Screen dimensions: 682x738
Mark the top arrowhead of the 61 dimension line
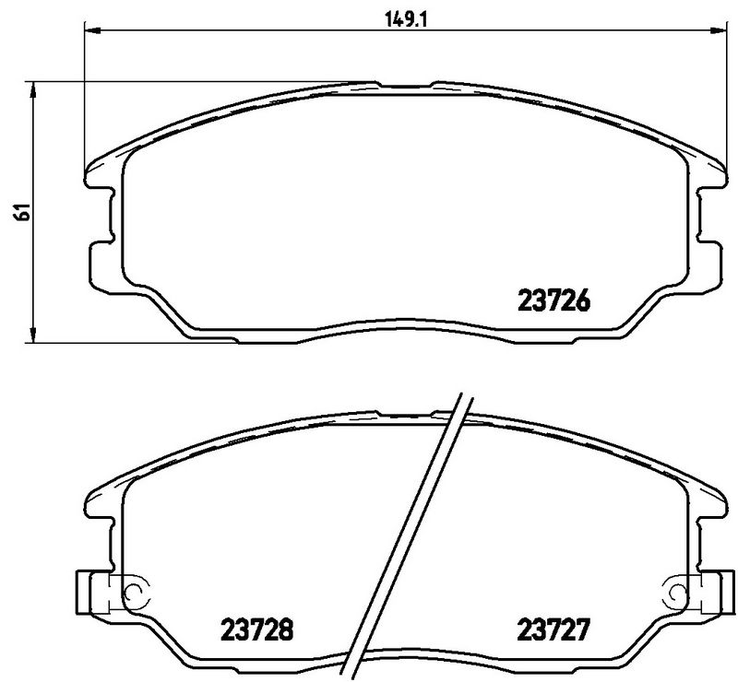click(34, 88)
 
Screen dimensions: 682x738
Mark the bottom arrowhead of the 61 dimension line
click(34, 337)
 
